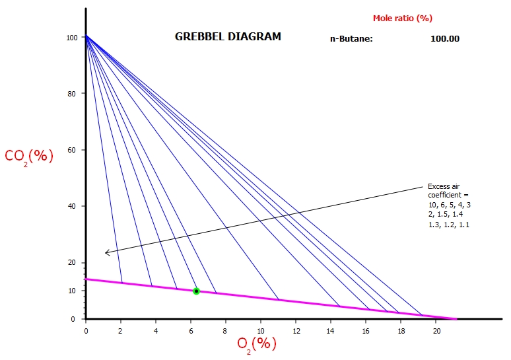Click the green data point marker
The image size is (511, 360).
coord(196,291)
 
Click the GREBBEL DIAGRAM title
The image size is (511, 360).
coord(228,37)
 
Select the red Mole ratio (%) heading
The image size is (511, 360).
coord(402,18)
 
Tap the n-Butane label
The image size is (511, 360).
coord(351,38)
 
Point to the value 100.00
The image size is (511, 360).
coord(444,38)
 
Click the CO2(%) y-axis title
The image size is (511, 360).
coord(28,157)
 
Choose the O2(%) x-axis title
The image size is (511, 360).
coord(257,343)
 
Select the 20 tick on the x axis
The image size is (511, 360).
coord(436,330)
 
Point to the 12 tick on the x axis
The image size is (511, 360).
coord(296,330)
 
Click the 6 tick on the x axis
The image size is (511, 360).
coord(191,330)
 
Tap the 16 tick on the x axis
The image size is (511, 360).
coord(366,330)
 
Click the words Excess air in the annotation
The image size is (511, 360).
coord(442,186)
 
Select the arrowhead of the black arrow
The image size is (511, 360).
coord(107,252)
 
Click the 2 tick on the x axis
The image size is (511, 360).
coord(121,330)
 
